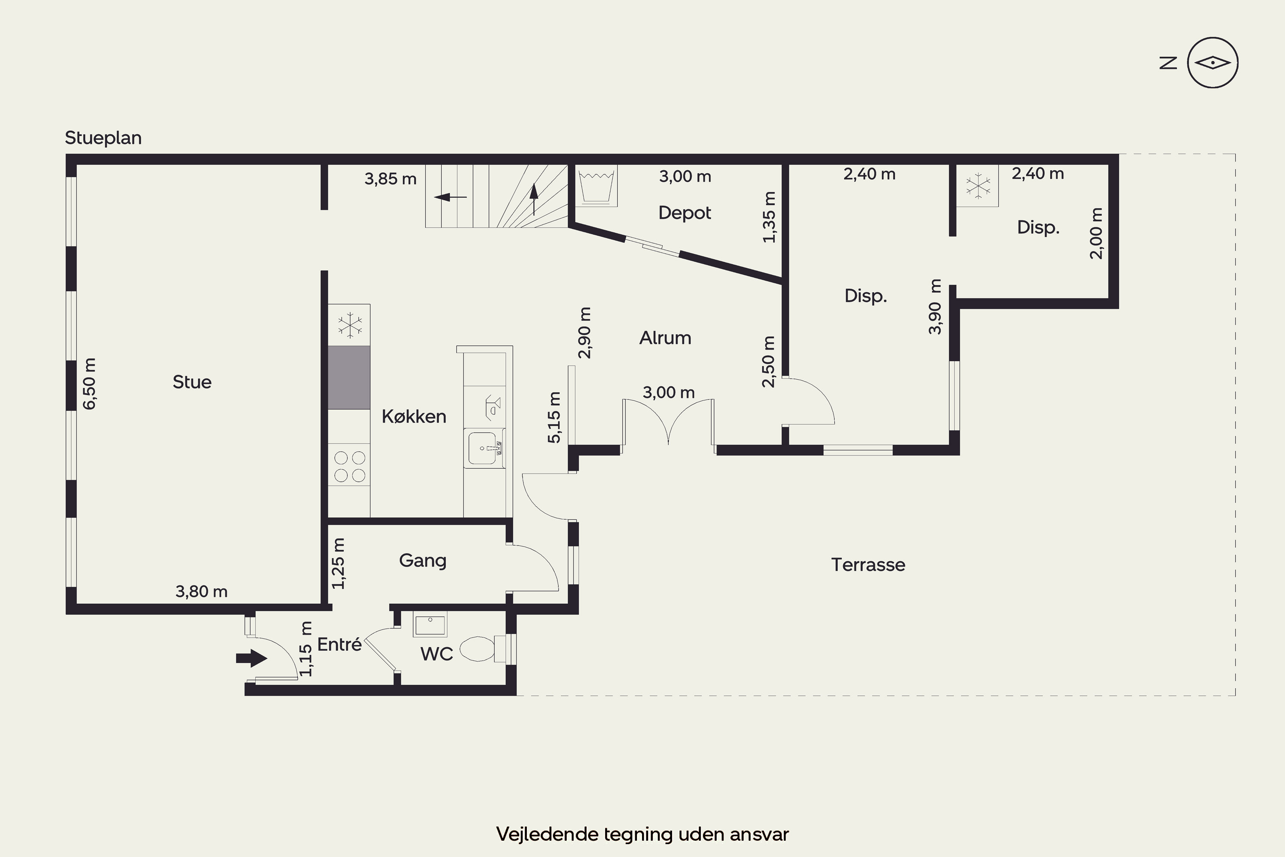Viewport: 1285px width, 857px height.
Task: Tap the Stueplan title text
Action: click(103, 138)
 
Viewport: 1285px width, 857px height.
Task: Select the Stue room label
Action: click(192, 381)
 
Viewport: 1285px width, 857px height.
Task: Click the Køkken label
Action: click(414, 417)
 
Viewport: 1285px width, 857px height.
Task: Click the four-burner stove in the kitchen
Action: click(349, 466)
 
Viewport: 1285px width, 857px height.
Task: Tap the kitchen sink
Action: click(484, 448)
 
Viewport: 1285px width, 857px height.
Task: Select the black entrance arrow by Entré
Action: click(251, 658)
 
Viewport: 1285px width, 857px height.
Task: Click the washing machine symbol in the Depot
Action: click(596, 186)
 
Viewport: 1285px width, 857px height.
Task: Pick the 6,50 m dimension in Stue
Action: click(89, 384)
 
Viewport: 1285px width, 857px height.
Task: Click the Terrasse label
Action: click(868, 565)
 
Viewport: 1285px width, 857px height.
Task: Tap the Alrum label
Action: click(666, 338)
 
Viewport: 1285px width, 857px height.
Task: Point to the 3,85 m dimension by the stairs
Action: click(391, 179)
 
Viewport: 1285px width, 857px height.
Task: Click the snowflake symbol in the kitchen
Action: click(350, 325)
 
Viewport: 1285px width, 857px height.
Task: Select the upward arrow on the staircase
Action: click(534, 198)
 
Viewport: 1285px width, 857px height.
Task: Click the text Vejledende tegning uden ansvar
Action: click(642, 834)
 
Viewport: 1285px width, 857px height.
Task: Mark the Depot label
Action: click(684, 213)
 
